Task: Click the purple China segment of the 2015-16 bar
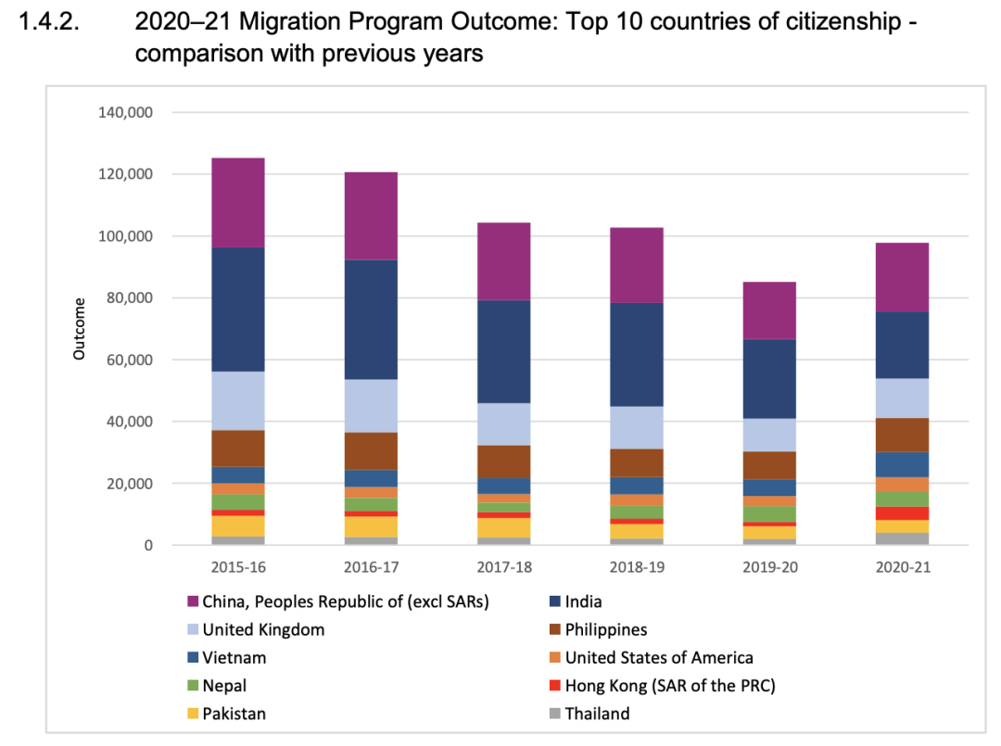tap(238, 202)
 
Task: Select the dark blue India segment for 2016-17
tap(371, 320)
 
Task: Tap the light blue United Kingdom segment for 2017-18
tap(504, 424)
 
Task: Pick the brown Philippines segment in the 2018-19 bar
tap(637, 462)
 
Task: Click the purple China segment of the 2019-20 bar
tap(769, 310)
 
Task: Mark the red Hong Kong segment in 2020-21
tap(903, 513)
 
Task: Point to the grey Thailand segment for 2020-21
tap(903, 538)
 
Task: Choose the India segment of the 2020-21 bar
tap(903, 345)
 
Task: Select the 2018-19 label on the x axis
tap(637, 567)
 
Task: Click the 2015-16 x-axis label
tap(238, 567)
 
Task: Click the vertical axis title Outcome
tap(80, 329)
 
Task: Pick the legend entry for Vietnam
tap(234, 657)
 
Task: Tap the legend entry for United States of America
tap(659, 657)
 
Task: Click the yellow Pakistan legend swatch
tap(193, 714)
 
